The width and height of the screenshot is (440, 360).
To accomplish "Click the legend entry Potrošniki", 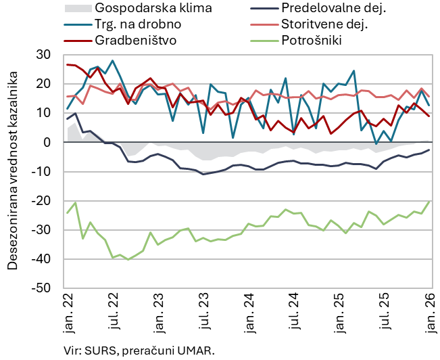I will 311,40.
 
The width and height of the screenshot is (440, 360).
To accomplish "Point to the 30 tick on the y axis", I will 43,55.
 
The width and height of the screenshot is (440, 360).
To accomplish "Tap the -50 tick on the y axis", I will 41,288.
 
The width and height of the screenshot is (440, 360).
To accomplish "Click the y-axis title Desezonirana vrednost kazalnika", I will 13,171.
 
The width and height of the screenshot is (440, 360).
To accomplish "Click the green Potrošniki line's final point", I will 429,200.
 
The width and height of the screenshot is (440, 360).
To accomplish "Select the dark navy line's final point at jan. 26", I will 429,150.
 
